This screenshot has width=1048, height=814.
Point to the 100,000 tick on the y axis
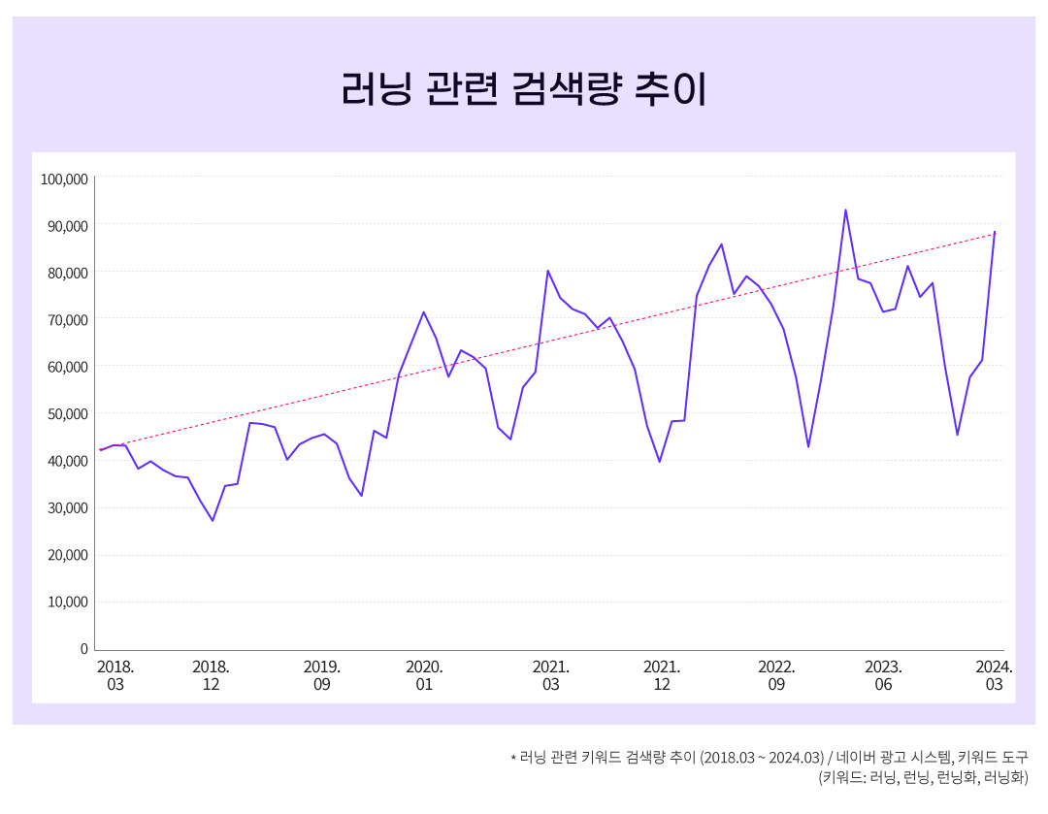[x=64, y=179]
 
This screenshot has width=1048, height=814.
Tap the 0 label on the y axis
[x=83, y=649]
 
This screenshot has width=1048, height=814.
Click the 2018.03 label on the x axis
[x=115, y=675]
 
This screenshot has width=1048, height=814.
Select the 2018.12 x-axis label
[x=211, y=675]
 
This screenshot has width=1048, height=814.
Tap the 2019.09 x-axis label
[x=321, y=675]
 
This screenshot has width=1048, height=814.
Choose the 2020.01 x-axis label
[x=424, y=675]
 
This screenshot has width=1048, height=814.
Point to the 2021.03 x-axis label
[x=550, y=675]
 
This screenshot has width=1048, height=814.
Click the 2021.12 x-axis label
[x=662, y=675]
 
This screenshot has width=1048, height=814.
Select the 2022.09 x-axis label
[x=776, y=675]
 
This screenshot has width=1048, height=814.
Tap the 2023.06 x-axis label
[x=883, y=675]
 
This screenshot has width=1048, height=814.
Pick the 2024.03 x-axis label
[x=994, y=675]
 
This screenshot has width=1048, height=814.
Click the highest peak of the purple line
[x=845, y=210]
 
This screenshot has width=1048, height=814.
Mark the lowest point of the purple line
[x=213, y=521]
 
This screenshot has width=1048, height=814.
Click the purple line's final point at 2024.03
[x=995, y=232]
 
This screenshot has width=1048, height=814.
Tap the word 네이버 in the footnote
[x=856, y=757]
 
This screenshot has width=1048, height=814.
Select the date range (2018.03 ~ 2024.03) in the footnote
[x=762, y=757]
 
